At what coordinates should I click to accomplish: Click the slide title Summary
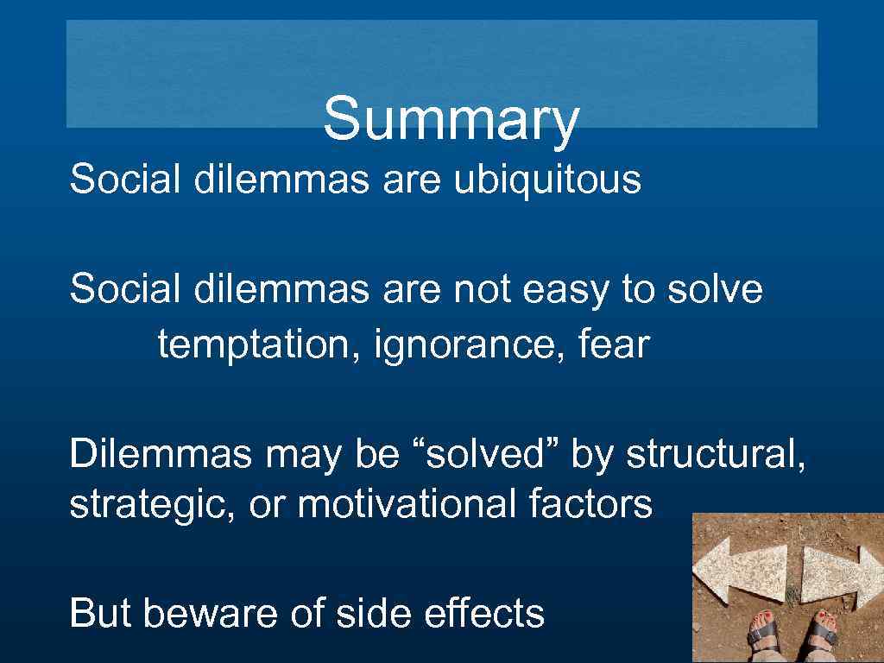(x=450, y=119)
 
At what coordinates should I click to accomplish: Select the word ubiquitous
(x=547, y=180)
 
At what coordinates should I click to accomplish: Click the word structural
(x=717, y=454)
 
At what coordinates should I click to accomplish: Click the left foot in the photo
(x=765, y=634)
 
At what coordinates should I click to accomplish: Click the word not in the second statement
(x=482, y=289)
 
